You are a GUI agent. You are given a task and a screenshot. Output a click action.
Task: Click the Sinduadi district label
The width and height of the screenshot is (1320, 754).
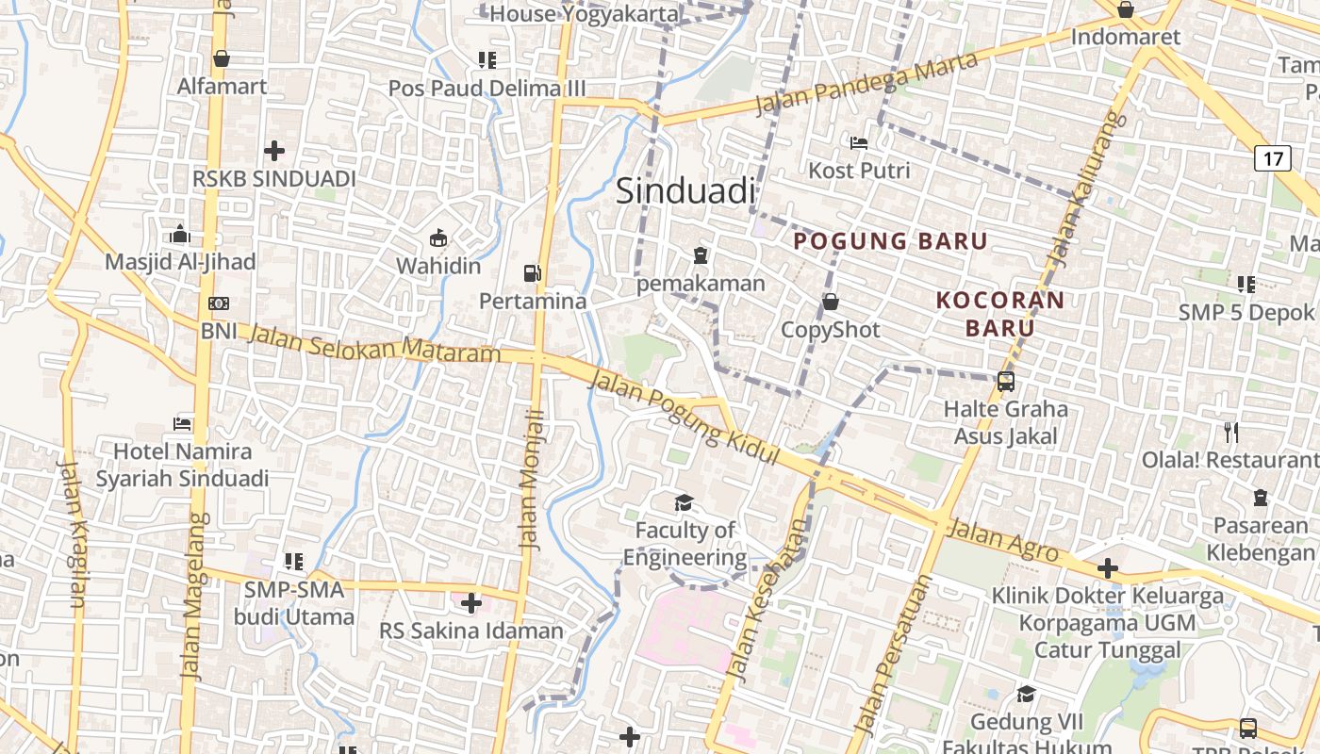pyautogui.click(x=685, y=191)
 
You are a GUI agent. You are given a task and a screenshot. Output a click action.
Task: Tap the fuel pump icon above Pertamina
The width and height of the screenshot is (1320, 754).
pyautogui.click(x=533, y=273)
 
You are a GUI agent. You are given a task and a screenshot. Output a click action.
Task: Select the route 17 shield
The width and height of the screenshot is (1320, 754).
pyautogui.click(x=1272, y=157)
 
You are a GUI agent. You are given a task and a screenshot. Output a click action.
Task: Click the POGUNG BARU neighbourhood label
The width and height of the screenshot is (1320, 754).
pyautogui.click(x=890, y=241)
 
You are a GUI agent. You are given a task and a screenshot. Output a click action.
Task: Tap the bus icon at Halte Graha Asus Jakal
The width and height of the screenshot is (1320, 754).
pyautogui.click(x=1006, y=382)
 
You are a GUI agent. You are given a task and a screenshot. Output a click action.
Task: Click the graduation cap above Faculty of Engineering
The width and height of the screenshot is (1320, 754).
pyautogui.click(x=684, y=503)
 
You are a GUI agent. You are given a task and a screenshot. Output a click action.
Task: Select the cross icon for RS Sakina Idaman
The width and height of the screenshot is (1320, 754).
pyautogui.click(x=470, y=602)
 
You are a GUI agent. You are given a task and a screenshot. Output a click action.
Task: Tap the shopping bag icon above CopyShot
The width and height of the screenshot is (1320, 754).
pyautogui.click(x=831, y=302)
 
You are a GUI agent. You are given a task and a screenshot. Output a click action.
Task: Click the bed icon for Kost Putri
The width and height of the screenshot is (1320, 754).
pyautogui.click(x=859, y=143)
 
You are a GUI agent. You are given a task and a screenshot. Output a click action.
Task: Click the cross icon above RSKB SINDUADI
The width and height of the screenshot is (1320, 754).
pyautogui.click(x=274, y=150)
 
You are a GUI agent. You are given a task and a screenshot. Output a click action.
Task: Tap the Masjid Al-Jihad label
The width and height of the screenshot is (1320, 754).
pyautogui.click(x=180, y=261)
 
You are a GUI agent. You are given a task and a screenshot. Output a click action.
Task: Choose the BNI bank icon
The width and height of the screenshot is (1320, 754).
pyautogui.click(x=219, y=303)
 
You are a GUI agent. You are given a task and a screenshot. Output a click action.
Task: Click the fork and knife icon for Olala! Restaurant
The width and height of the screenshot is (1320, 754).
pyautogui.click(x=1230, y=433)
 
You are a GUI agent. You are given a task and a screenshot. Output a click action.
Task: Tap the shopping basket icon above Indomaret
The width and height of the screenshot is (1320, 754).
pyautogui.click(x=1125, y=10)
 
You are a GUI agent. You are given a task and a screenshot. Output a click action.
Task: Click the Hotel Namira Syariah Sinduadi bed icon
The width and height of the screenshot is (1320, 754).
pyautogui.click(x=182, y=424)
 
